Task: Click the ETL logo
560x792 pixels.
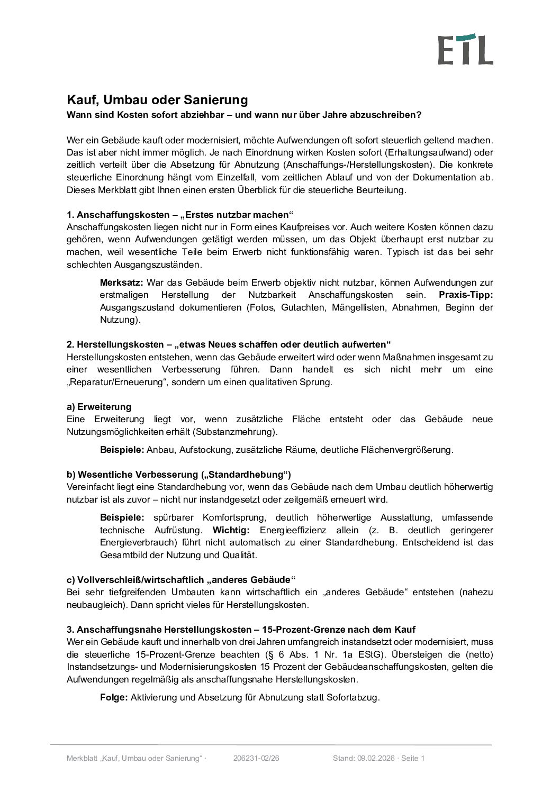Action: (x=465, y=49)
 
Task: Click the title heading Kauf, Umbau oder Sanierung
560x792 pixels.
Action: (x=157, y=100)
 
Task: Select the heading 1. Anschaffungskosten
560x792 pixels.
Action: (x=179, y=215)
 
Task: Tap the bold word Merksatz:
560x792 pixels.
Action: (x=121, y=283)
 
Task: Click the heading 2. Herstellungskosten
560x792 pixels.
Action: (x=228, y=344)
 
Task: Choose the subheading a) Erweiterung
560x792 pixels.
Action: (x=99, y=407)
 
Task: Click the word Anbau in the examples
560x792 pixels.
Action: (x=160, y=450)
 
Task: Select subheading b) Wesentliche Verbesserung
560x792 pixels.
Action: (x=178, y=474)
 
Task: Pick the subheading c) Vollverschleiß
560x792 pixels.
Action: (x=180, y=580)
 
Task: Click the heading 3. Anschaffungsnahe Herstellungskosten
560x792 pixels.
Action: (x=241, y=630)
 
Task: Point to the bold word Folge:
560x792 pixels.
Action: (x=114, y=697)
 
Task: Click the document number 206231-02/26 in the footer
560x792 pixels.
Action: (x=256, y=758)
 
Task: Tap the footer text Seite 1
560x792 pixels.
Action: (x=413, y=758)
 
